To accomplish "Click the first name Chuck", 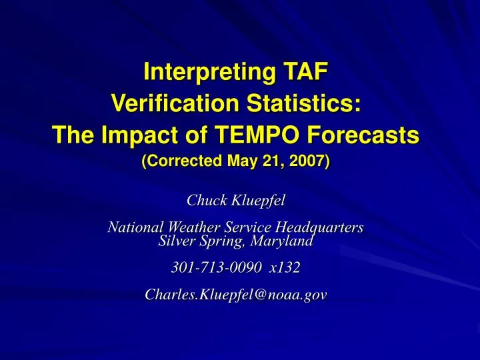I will (x=205, y=199).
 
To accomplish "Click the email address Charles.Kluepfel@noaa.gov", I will (x=236, y=296).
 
